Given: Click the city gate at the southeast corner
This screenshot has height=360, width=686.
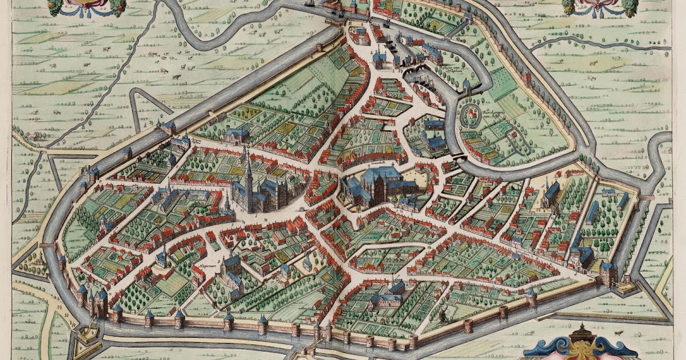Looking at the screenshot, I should (x=608, y=273).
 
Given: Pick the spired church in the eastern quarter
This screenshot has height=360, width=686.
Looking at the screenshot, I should (x=552, y=191).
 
